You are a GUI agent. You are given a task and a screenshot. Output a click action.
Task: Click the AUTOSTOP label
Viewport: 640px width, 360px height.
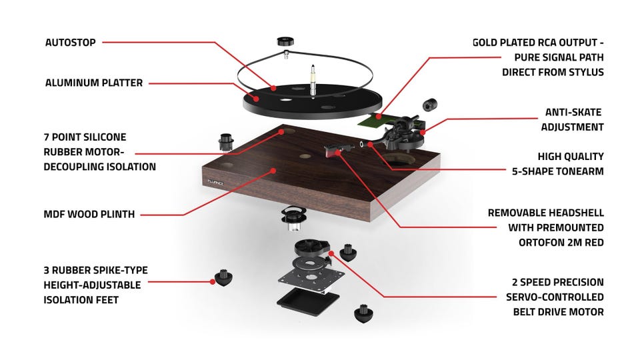click(71, 43)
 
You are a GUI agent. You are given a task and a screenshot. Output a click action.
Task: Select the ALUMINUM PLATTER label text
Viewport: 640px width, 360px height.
click(93, 83)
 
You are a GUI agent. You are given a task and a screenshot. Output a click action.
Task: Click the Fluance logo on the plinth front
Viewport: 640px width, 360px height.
click(215, 181)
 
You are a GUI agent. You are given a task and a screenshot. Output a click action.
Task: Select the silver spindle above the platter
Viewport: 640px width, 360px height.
click(311, 73)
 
